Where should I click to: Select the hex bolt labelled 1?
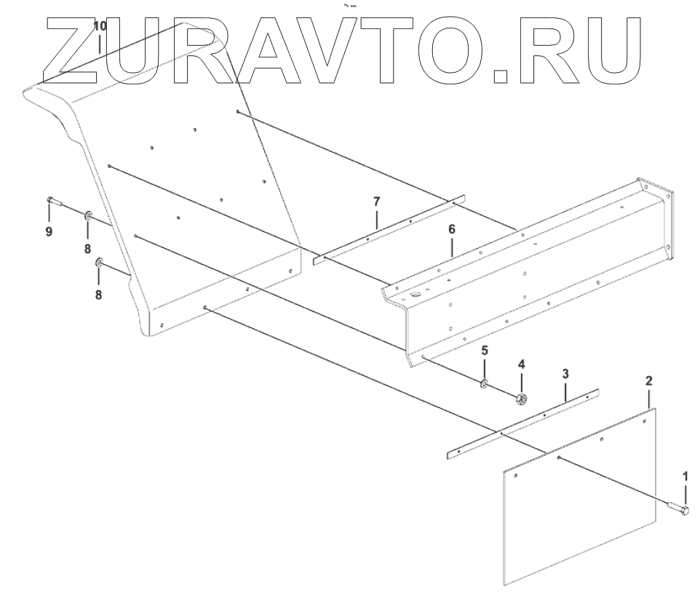[x=677, y=509]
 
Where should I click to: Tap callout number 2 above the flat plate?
[x=649, y=380]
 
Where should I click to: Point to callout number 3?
[x=565, y=374]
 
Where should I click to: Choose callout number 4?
[x=521, y=364]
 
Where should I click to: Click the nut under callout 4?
[x=521, y=398]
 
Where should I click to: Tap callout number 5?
[x=485, y=350]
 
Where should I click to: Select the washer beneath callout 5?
[x=484, y=383]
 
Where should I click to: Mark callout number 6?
[x=452, y=229]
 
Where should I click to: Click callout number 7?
[x=376, y=200]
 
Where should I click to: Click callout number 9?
[x=49, y=231]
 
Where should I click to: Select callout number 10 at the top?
[x=100, y=26]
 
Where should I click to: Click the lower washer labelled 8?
[x=100, y=262]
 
